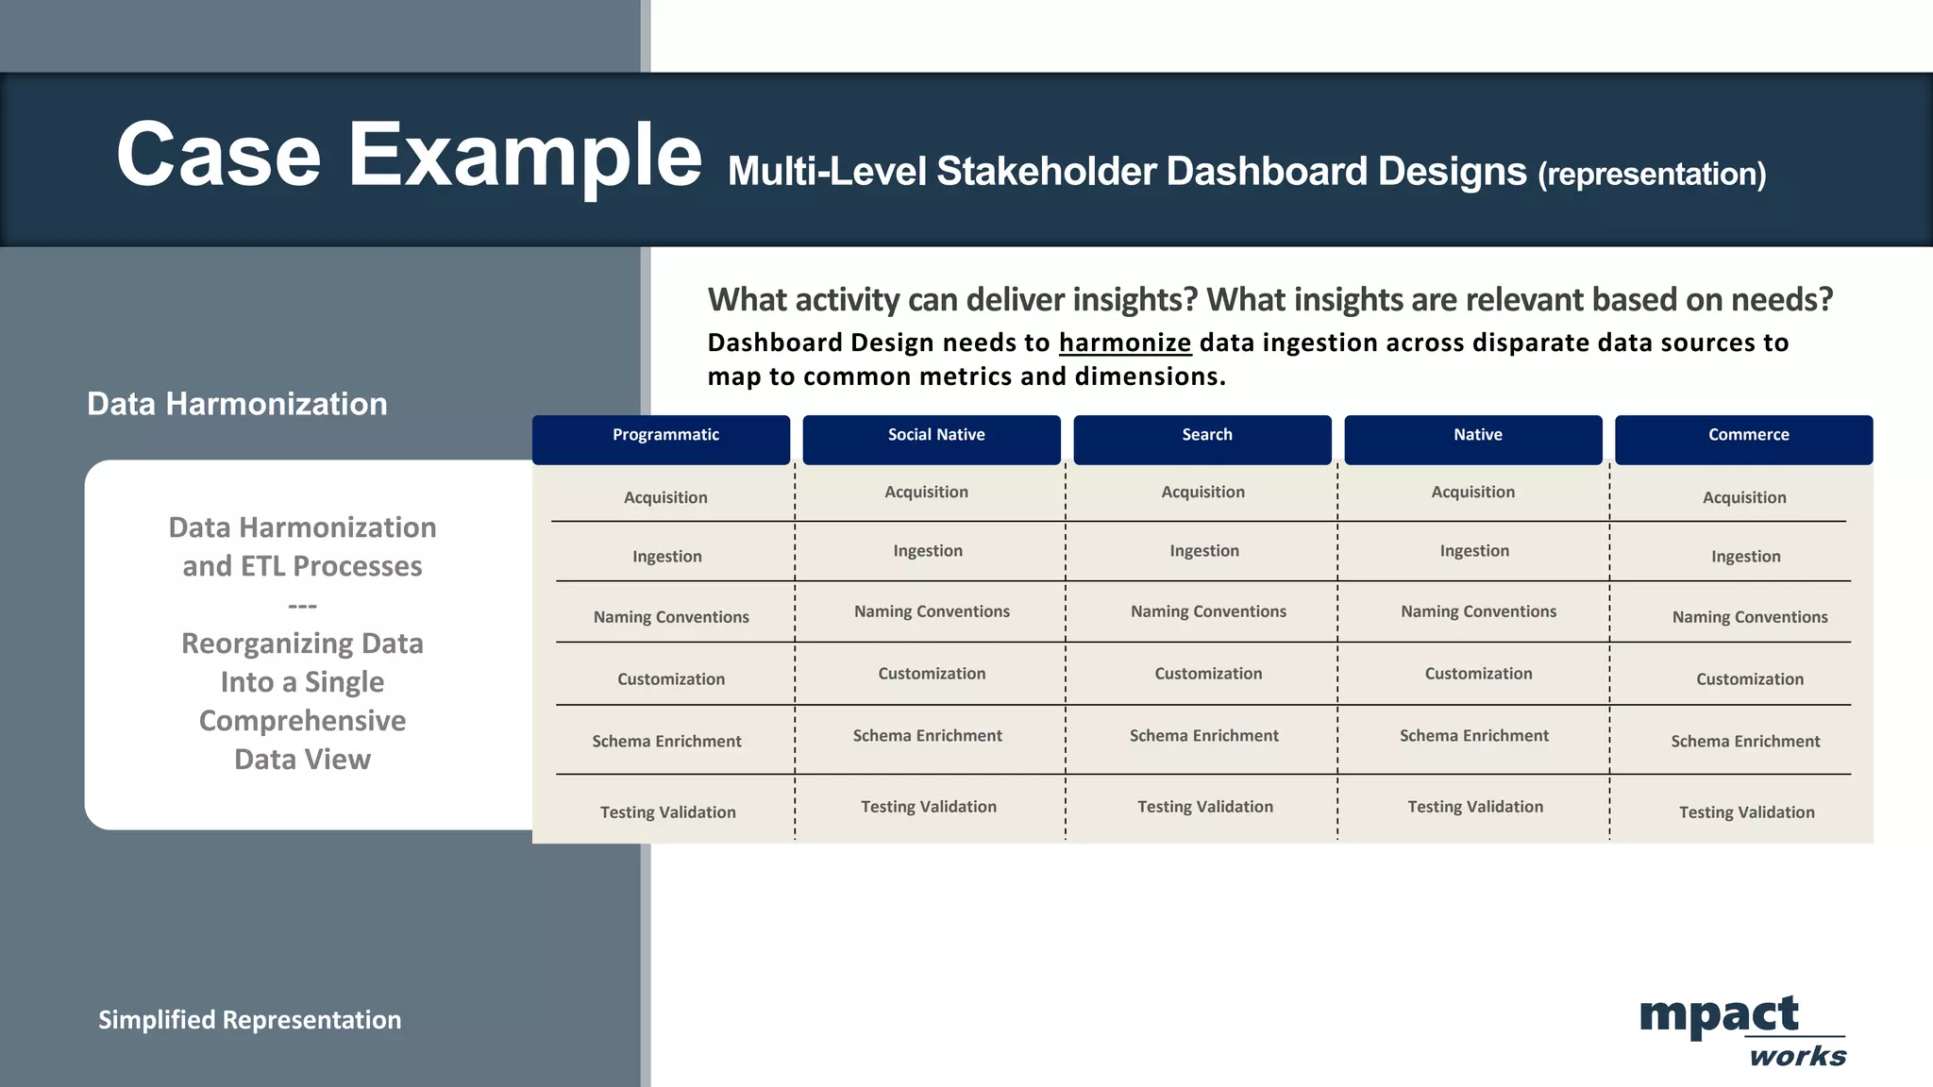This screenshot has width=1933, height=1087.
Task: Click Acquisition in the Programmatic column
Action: tap(665, 497)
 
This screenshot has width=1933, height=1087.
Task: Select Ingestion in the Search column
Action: tap(1204, 551)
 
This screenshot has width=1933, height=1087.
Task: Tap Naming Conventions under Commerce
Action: tap(1750, 617)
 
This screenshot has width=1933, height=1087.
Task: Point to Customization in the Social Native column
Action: tap(932, 674)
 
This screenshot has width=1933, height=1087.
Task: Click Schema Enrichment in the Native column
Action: tap(1474, 736)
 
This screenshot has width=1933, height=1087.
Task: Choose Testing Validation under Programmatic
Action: tap(667, 812)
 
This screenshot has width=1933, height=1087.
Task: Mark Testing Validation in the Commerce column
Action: tap(1746, 812)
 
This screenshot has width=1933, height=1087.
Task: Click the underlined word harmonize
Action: tap(1124, 343)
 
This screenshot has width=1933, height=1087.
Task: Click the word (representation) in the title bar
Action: tap(1652, 175)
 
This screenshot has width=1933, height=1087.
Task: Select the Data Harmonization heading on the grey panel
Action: tap(237, 404)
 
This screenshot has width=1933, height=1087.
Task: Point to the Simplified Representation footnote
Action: tap(249, 1020)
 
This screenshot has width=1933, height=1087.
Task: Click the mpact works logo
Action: tap(1741, 1030)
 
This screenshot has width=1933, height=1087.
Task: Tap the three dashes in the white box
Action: tap(302, 606)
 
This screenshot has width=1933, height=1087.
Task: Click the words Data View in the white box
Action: tap(302, 760)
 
